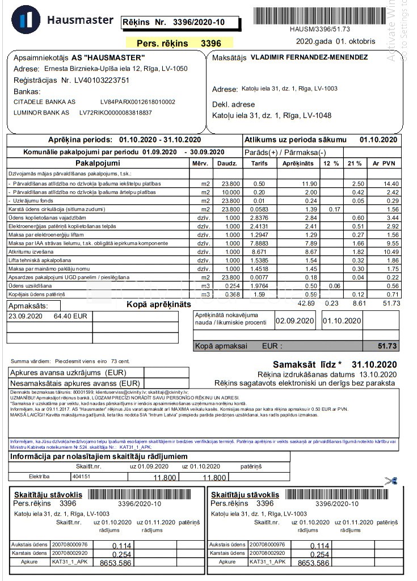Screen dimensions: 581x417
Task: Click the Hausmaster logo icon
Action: (x=26, y=19)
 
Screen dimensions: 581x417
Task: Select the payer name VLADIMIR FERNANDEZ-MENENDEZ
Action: (x=309, y=57)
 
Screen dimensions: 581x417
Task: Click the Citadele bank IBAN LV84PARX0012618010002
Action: (x=137, y=102)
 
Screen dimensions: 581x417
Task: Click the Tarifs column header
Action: (x=259, y=163)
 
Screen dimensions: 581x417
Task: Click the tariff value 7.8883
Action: (x=261, y=243)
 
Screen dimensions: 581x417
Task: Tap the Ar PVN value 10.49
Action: (x=391, y=251)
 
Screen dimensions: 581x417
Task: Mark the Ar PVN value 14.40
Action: (x=391, y=184)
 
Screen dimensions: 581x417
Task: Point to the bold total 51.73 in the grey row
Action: (x=388, y=346)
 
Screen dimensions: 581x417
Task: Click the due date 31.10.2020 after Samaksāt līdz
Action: (x=374, y=364)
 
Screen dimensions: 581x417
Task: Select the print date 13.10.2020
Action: (x=376, y=374)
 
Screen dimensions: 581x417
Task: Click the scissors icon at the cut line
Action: (x=390, y=481)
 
